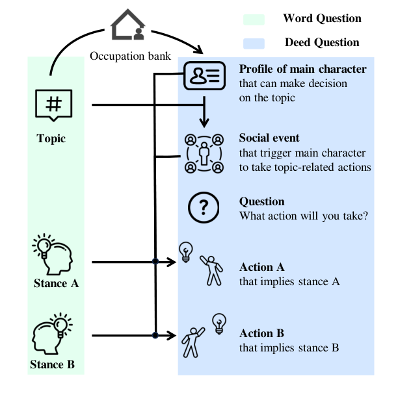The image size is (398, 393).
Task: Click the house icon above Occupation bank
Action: point(127,25)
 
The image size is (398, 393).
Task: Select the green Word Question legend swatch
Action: point(254,19)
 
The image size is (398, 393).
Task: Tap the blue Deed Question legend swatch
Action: point(254,44)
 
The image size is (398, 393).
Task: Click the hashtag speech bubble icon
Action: point(53,105)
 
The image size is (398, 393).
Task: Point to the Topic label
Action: point(51,139)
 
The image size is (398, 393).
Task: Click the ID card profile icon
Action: point(205,75)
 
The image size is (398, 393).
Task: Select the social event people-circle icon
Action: point(204,154)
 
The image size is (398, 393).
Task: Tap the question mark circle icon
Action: point(204,207)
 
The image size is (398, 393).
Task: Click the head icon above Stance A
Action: point(53,254)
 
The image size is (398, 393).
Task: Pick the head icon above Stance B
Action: point(52,333)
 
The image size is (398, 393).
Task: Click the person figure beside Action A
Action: point(211,270)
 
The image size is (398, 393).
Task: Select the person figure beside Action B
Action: point(193,342)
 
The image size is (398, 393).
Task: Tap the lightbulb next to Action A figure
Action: point(186,252)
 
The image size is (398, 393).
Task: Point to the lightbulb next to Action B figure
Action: point(219,323)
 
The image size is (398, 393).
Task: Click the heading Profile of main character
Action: point(303,69)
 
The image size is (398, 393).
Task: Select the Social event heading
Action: point(269,138)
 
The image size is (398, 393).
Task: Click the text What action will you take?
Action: point(304,216)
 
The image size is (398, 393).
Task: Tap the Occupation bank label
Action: point(130,56)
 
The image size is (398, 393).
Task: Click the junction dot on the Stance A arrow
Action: point(155,261)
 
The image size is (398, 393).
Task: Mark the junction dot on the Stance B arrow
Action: point(155,335)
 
